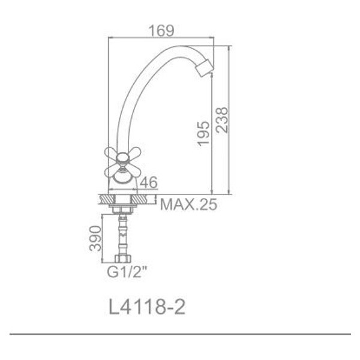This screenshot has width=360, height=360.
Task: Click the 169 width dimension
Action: coord(161,29)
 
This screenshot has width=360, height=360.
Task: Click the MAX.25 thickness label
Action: coord(187,205)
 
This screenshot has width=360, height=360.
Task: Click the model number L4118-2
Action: coord(147,307)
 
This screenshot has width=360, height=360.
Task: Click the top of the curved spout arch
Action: coord(174,48)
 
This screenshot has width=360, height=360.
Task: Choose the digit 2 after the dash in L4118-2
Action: coord(178,307)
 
